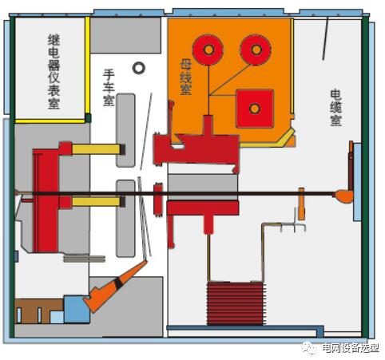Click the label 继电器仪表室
coord(54,72)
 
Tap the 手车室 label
coord(109,88)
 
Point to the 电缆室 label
coord(335,108)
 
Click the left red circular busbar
coord(208,49)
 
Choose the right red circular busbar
coord(256,49)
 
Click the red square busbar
coord(255,109)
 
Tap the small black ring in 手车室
coord(139,68)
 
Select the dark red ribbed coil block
coord(236,303)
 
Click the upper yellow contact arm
coord(98,149)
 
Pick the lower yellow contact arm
coord(98,202)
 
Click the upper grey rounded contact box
coord(125,130)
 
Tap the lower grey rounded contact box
coord(125,219)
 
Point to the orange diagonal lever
coord(116,286)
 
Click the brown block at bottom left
coord(39,311)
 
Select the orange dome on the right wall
coord(344,196)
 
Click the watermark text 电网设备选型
coord(351,348)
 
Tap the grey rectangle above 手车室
coord(125,35)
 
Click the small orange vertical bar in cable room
coord(301,204)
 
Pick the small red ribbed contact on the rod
coord(158,200)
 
